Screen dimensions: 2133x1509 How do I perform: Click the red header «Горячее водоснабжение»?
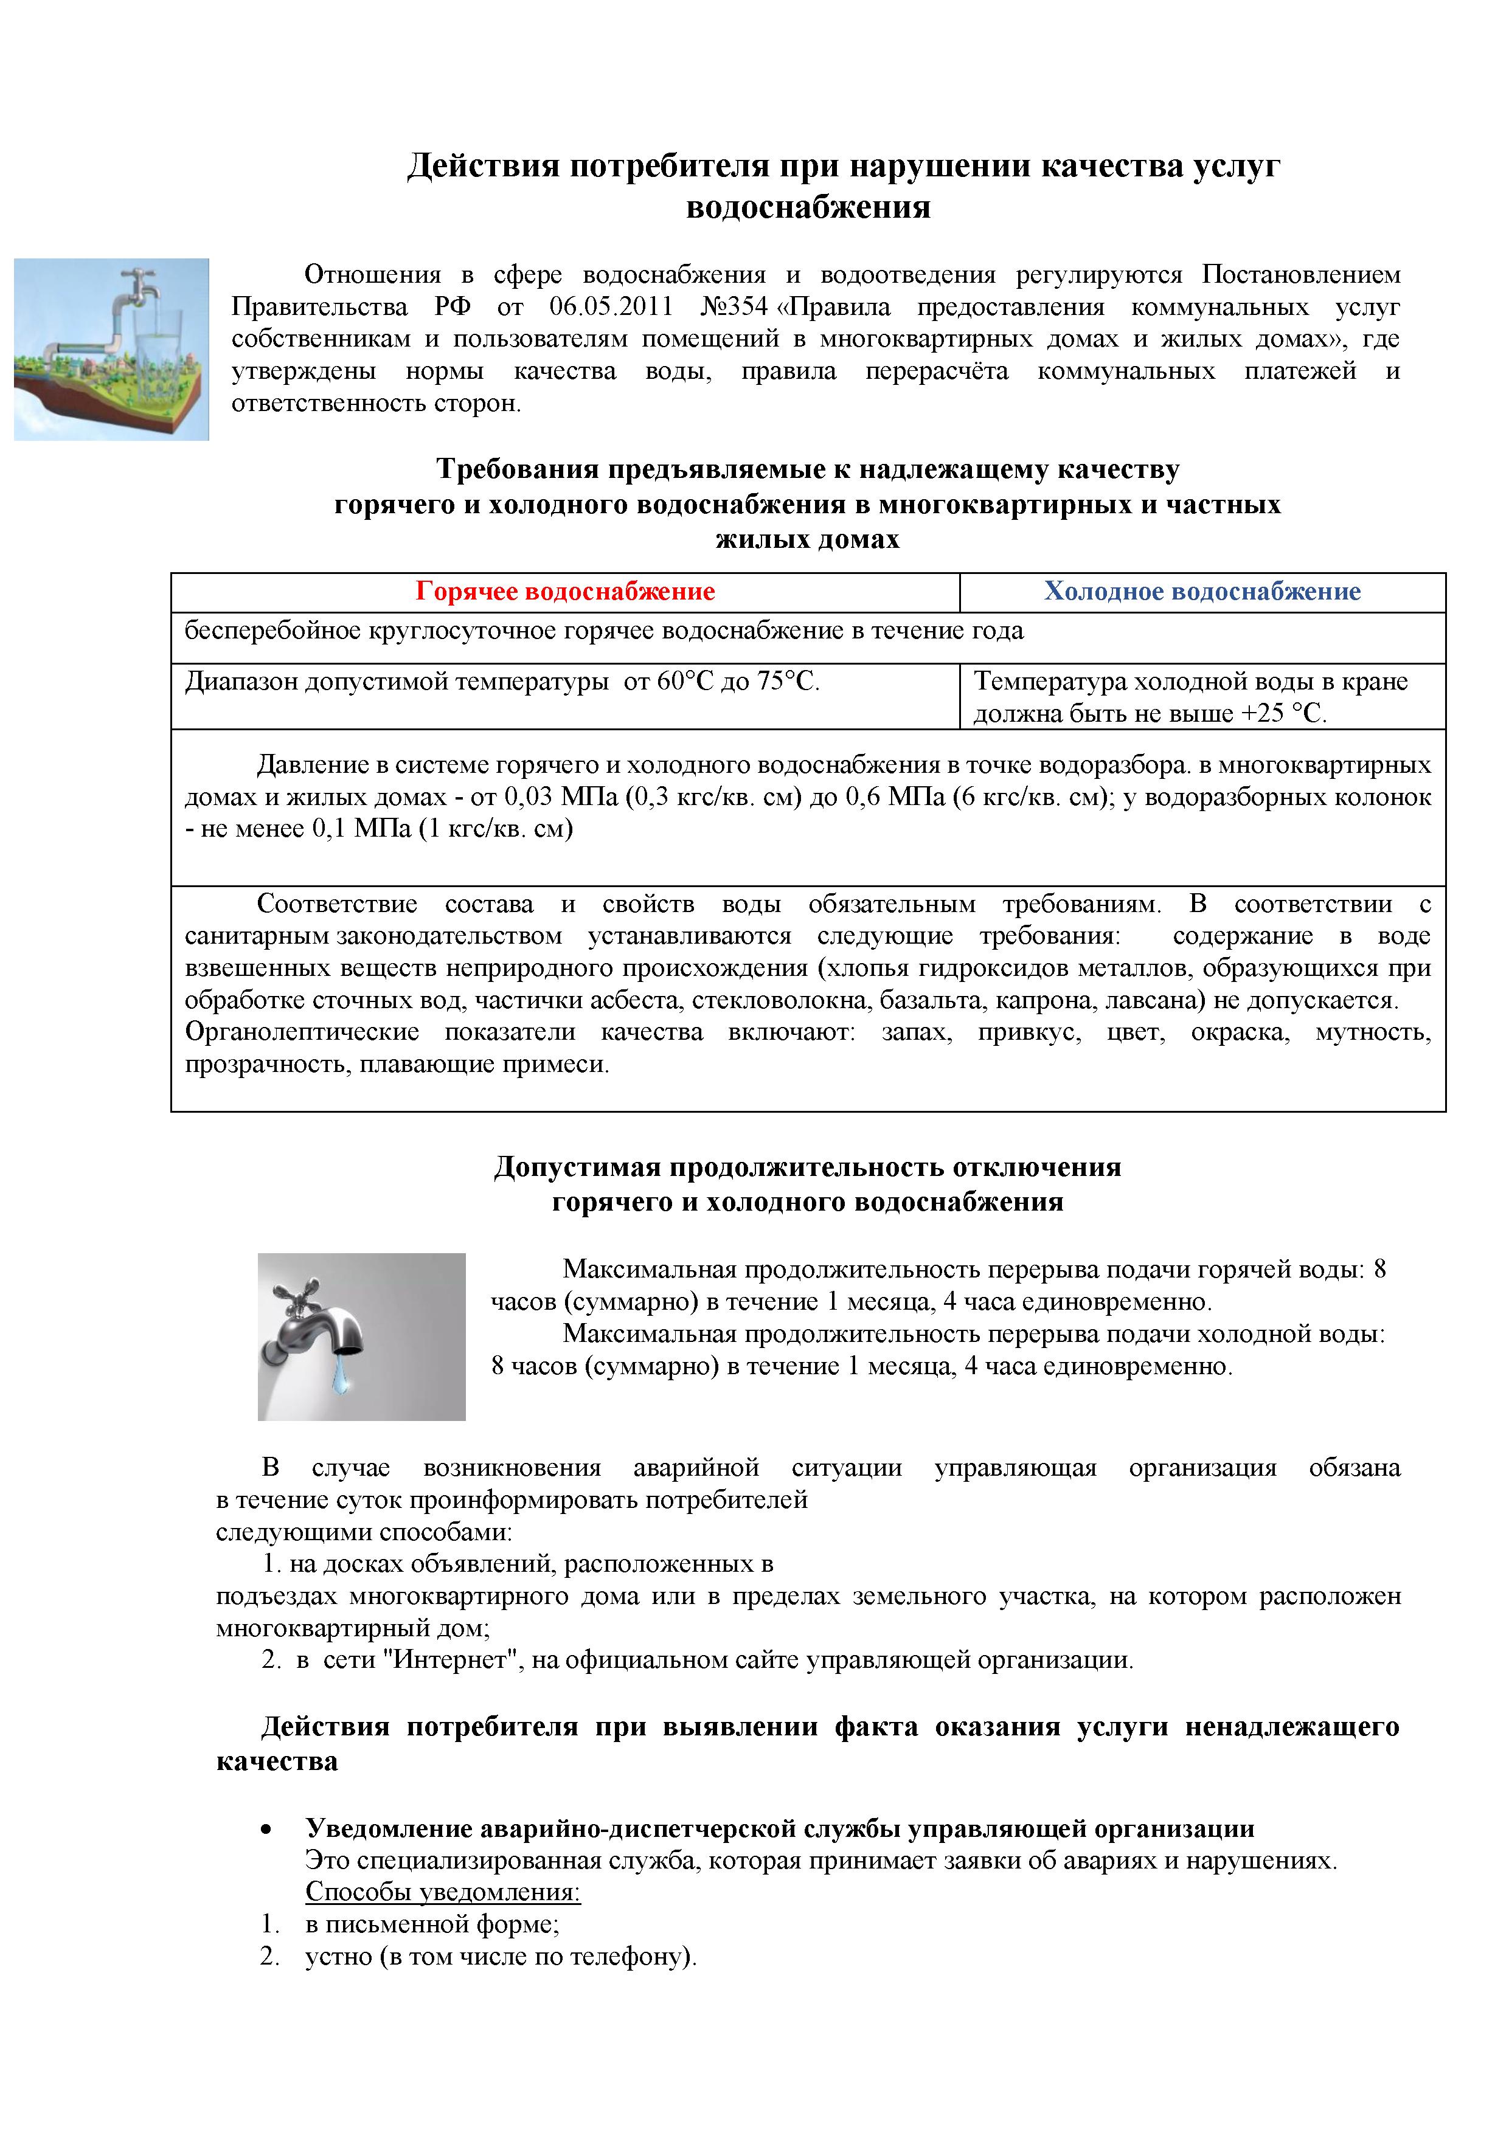coord(565,592)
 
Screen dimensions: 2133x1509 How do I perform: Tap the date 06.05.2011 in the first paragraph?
coord(611,306)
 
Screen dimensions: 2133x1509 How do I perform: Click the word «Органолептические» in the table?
coord(302,1032)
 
